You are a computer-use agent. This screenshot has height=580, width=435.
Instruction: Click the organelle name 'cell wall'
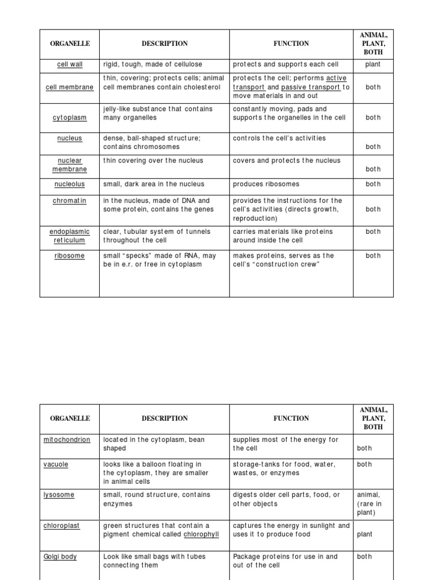70,65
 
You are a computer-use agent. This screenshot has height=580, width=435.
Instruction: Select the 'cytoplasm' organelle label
70,118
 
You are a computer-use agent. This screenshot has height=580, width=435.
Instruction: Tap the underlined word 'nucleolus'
70,184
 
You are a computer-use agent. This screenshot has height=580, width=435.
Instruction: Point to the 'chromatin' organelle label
70,201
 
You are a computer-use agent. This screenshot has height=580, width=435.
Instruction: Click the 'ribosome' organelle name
70,255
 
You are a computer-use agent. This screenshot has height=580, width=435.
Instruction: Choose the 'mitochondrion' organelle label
67,440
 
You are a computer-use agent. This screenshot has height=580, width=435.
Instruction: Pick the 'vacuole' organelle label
56,464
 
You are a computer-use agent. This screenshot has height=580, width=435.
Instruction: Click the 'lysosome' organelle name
58,495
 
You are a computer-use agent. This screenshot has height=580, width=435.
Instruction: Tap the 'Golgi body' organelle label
60,557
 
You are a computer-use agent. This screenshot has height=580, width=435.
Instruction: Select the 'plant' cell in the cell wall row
373,65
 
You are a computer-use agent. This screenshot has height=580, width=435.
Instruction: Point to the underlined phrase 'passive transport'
310,87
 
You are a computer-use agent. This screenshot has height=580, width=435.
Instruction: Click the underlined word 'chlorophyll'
201,534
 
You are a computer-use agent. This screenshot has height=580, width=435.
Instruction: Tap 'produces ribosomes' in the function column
266,184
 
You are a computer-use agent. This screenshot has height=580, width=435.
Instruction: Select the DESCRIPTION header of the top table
164,44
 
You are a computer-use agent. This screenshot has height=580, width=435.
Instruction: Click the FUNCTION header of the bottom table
291,419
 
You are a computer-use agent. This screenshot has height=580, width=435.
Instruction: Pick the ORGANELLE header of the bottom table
70,419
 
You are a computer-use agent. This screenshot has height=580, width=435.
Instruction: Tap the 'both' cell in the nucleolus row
373,184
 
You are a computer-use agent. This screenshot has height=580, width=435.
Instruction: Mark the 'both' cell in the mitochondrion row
365,448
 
